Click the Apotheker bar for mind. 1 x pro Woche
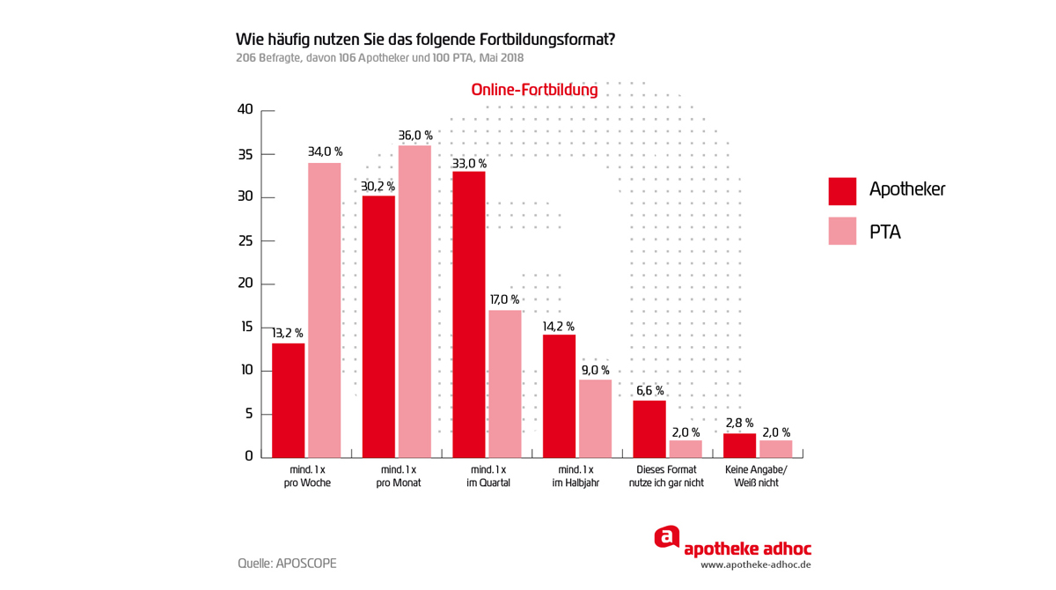tap(289, 400)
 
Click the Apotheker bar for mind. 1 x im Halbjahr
tap(559, 395)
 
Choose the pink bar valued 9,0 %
tap(595, 418)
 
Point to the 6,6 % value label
tap(649, 391)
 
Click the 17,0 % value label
tap(504, 300)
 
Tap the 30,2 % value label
tap(378, 187)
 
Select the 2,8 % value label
tap(739, 424)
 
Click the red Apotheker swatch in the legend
tap(842, 190)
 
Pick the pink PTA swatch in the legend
tap(842, 232)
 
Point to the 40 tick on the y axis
tap(245, 110)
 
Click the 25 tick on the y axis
tap(245, 240)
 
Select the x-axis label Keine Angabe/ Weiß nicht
tap(757, 476)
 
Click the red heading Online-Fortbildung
tap(534, 90)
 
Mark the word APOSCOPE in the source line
tap(306, 564)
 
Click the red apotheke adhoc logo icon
tap(667, 537)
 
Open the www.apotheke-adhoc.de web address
tap(755, 565)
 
